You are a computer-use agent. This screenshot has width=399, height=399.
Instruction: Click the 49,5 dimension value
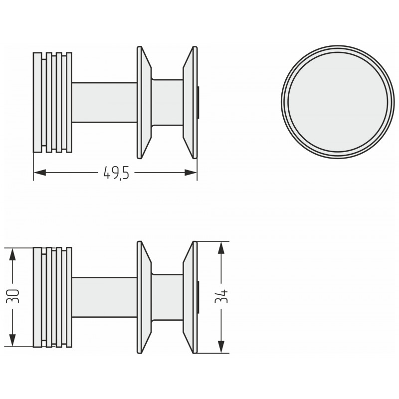tap(117, 173)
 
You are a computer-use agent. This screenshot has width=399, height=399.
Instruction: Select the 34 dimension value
tap(221, 296)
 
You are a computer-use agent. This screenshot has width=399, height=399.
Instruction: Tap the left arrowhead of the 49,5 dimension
tap(40, 173)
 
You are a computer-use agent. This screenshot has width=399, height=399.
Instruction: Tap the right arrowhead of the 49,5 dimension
tap(191, 173)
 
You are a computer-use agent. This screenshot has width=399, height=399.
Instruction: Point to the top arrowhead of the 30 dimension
tap(12, 254)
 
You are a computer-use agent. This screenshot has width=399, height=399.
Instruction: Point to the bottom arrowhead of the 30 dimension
tap(12, 340)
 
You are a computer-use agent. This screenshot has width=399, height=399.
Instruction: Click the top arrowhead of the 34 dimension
tap(221, 248)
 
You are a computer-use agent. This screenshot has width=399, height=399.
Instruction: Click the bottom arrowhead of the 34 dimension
tap(221, 347)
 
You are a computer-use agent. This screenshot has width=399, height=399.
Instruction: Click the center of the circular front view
tap(338, 102)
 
